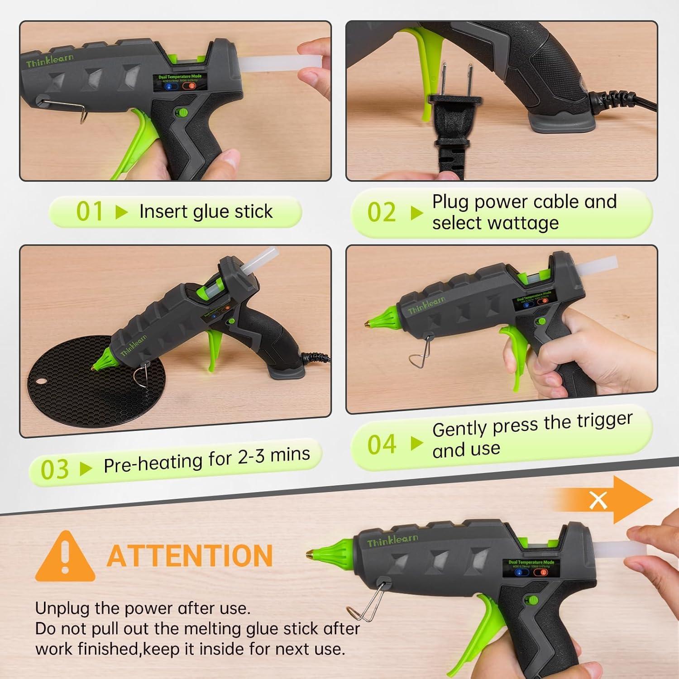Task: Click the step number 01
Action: point(90,211)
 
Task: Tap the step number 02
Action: point(381,212)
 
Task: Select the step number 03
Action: point(55,469)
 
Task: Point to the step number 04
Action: point(382,445)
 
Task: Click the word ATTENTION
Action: point(190,556)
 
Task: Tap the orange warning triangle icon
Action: point(65,557)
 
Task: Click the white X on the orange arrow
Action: point(598,500)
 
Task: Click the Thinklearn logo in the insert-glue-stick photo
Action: point(49,60)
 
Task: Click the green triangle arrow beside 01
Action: point(121,212)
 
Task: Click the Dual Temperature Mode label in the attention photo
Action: point(531,562)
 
